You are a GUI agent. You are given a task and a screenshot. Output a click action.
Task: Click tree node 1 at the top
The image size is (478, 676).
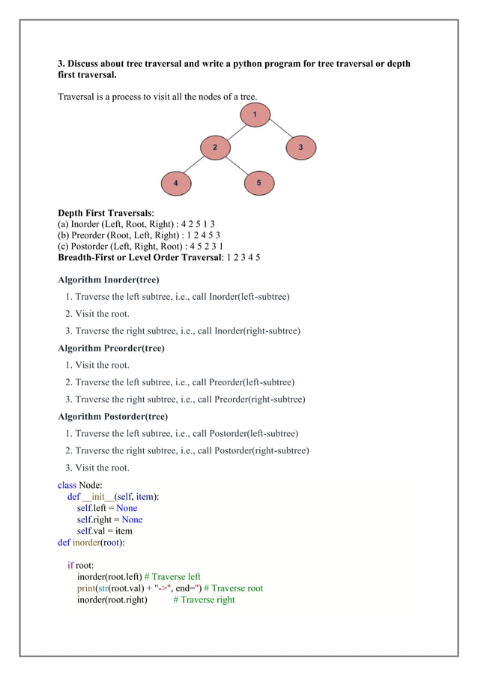(255, 115)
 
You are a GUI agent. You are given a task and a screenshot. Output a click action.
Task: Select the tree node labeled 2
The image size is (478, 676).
(214, 148)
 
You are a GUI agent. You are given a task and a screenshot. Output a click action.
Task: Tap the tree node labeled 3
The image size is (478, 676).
(300, 148)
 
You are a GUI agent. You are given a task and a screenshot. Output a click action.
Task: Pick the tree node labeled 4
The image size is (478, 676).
(176, 183)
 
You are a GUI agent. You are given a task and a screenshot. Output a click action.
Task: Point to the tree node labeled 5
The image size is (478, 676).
(259, 183)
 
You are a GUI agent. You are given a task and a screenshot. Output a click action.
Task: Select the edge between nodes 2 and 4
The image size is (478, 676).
(195, 166)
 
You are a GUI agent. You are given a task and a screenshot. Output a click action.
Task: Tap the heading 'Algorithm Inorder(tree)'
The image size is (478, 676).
(108, 280)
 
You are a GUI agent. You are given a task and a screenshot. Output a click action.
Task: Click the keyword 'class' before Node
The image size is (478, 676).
(67, 485)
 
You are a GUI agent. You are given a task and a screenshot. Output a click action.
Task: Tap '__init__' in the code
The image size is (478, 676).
(97, 496)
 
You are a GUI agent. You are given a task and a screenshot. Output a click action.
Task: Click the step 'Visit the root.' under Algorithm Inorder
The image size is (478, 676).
(102, 313)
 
